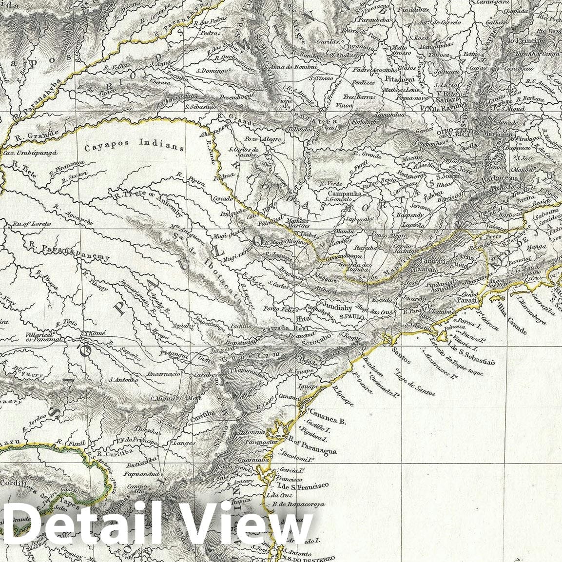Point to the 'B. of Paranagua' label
click(312, 446)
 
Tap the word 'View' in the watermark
click(249, 525)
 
